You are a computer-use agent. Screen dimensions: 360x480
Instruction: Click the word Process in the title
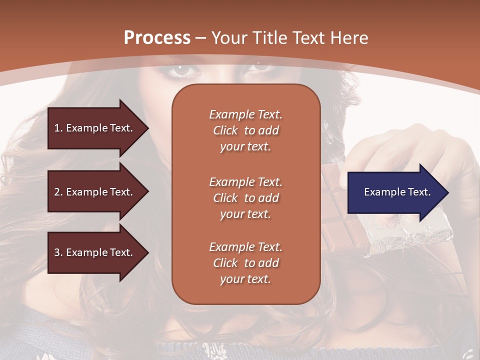157,38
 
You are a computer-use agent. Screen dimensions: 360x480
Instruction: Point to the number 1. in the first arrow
58,128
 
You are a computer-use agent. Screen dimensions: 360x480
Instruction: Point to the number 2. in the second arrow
58,192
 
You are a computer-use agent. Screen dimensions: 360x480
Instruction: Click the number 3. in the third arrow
58,252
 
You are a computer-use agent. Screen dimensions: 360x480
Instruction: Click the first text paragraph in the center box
245,130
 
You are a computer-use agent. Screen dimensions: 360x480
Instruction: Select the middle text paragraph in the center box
245,198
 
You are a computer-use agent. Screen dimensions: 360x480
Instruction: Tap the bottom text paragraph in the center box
245,263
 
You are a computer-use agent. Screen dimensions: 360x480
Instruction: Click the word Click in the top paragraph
225,130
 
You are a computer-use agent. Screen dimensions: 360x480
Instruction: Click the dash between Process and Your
200,38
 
